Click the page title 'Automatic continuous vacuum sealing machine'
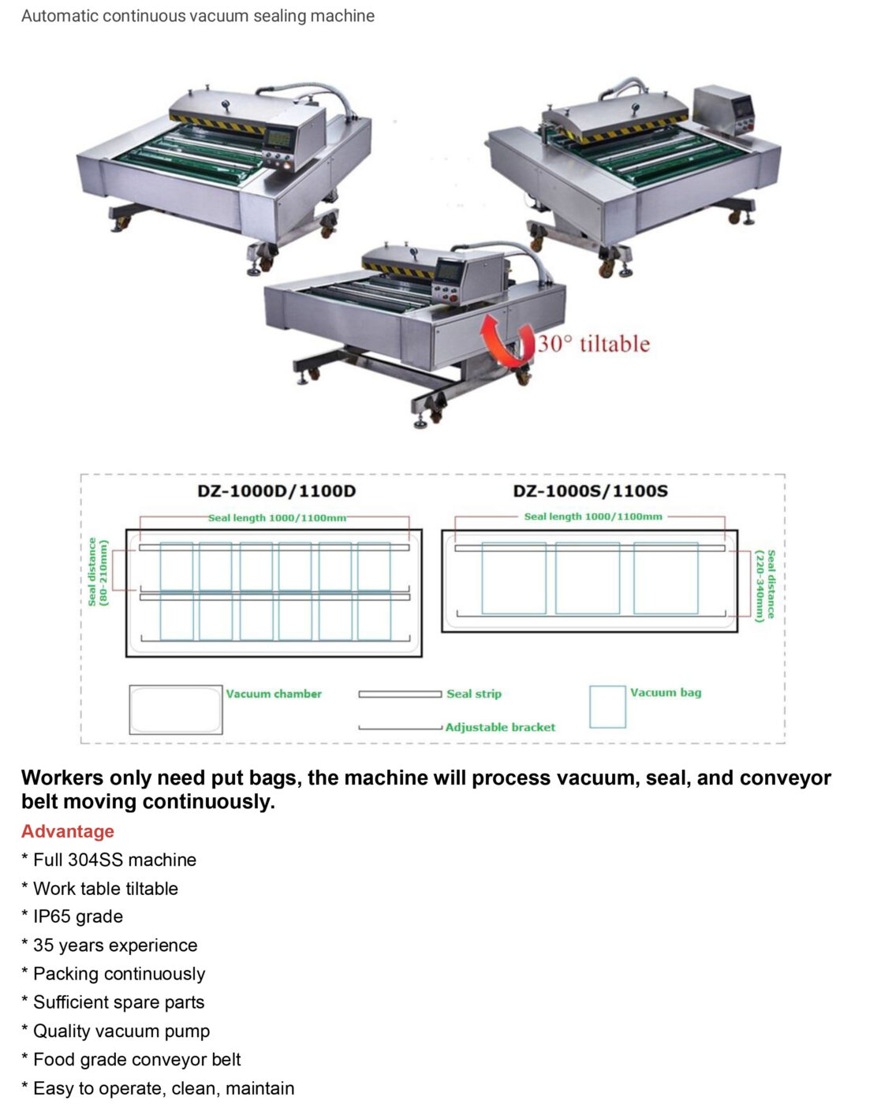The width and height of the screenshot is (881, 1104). pos(198,16)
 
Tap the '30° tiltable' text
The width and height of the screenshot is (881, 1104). pos(594,344)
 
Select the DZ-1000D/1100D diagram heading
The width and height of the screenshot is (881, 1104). pos(276,491)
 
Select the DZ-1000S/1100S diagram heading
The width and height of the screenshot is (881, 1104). pos(590,491)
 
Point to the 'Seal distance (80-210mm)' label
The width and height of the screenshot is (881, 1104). pos(98,572)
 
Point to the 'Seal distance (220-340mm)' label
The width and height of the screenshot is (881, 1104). pos(765,586)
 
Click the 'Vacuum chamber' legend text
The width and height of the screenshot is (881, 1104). pos(274,694)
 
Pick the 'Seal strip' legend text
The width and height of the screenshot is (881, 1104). pos(473,694)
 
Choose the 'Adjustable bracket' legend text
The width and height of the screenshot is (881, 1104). pos(500,727)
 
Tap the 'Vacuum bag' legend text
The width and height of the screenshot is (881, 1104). pos(665,692)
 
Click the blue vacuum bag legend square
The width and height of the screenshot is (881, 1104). pos(607,707)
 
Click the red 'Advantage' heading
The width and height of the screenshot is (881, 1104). pos(68,831)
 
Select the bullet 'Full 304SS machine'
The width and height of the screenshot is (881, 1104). pos(114,860)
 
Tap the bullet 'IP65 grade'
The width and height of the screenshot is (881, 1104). pos(77,916)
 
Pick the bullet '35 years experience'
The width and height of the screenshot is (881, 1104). pos(115,945)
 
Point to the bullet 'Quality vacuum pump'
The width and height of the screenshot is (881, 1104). pos(121,1031)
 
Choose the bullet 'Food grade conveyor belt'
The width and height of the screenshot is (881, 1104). pos(136,1059)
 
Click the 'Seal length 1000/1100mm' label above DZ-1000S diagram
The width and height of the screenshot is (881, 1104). pos(593,517)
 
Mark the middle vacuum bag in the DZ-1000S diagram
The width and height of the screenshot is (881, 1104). pos(588,578)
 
